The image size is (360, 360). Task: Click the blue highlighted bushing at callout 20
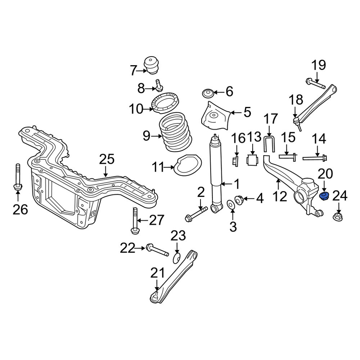[324, 196]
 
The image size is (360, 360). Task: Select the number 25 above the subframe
[107, 159]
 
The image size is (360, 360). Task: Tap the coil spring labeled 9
[176, 132]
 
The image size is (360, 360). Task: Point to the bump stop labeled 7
[151, 65]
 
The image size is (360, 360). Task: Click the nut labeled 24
[338, 217]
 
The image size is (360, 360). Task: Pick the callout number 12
[280, 197]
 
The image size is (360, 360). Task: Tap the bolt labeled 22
[157, 250]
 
